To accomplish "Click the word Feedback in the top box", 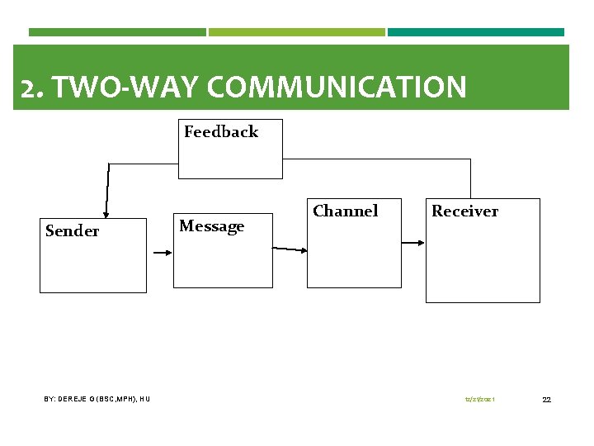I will [x=221, y=132].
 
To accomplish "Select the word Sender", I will [x=72, y=231].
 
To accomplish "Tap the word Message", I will [x=212, y=226].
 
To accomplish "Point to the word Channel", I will [x=345, y=211].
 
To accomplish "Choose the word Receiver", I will [x=464, y=211].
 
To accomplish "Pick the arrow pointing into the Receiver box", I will [x=412, y=243].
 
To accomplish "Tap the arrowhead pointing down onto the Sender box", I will [x=106, y=215].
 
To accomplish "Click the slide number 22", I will [x=546, y=400].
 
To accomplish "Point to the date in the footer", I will [x=479, y=400].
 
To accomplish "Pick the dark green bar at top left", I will [x=117, y=32].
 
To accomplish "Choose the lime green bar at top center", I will [x=296, y=32].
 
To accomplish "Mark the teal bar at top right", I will [x=476, y=32].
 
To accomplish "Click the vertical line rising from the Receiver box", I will [x=470, y=178].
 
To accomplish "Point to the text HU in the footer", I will [x=144, y=400].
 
